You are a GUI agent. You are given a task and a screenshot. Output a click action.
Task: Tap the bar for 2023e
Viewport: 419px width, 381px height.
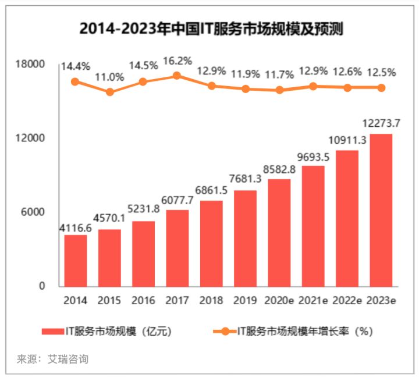click(x=381, y=210)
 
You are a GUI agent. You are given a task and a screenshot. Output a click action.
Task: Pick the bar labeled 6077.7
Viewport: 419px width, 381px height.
click(x=177, y=248)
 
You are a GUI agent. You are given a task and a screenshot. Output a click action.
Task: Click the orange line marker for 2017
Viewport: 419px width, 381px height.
click(x=177, y=76)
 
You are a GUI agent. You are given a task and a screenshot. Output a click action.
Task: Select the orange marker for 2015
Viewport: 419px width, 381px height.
click(x=109, y=92)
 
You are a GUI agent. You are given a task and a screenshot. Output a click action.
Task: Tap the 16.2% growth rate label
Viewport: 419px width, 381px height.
click(x=177, y=60)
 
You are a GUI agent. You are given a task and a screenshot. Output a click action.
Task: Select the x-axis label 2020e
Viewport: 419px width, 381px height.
click(x=279, y=301)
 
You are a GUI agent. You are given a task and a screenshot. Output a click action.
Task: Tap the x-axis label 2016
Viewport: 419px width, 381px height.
click(x=143, y=301)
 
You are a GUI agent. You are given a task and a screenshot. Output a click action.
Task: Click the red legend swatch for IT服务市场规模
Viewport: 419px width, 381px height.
click(x=56, y=332)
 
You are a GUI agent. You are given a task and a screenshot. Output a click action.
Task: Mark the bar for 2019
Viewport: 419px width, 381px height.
click(x=245, y=238)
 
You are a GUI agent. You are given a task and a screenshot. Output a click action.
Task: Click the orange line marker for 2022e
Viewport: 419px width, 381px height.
click(x=347, y=88)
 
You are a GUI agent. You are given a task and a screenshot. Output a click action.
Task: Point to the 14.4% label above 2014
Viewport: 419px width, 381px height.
click(x=76, y=66)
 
